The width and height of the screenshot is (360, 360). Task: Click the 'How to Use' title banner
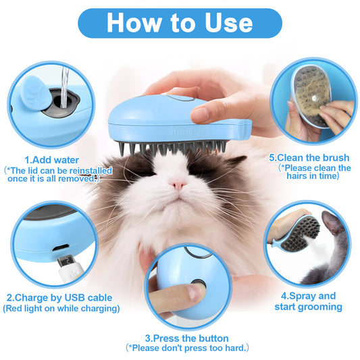coord(180,22)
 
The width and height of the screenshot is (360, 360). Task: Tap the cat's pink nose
coord(178,184)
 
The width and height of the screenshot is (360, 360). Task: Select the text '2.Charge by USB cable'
coord(59,298)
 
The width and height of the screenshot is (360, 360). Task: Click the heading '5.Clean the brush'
coord(309,157)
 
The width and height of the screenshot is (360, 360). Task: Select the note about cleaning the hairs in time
coord(315,172)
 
